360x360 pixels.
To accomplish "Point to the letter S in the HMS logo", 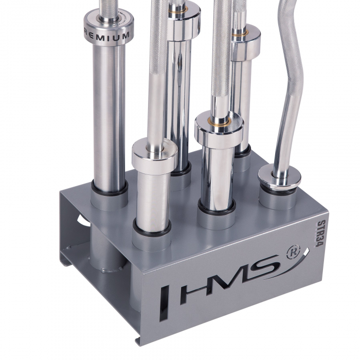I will click(267, 264).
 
